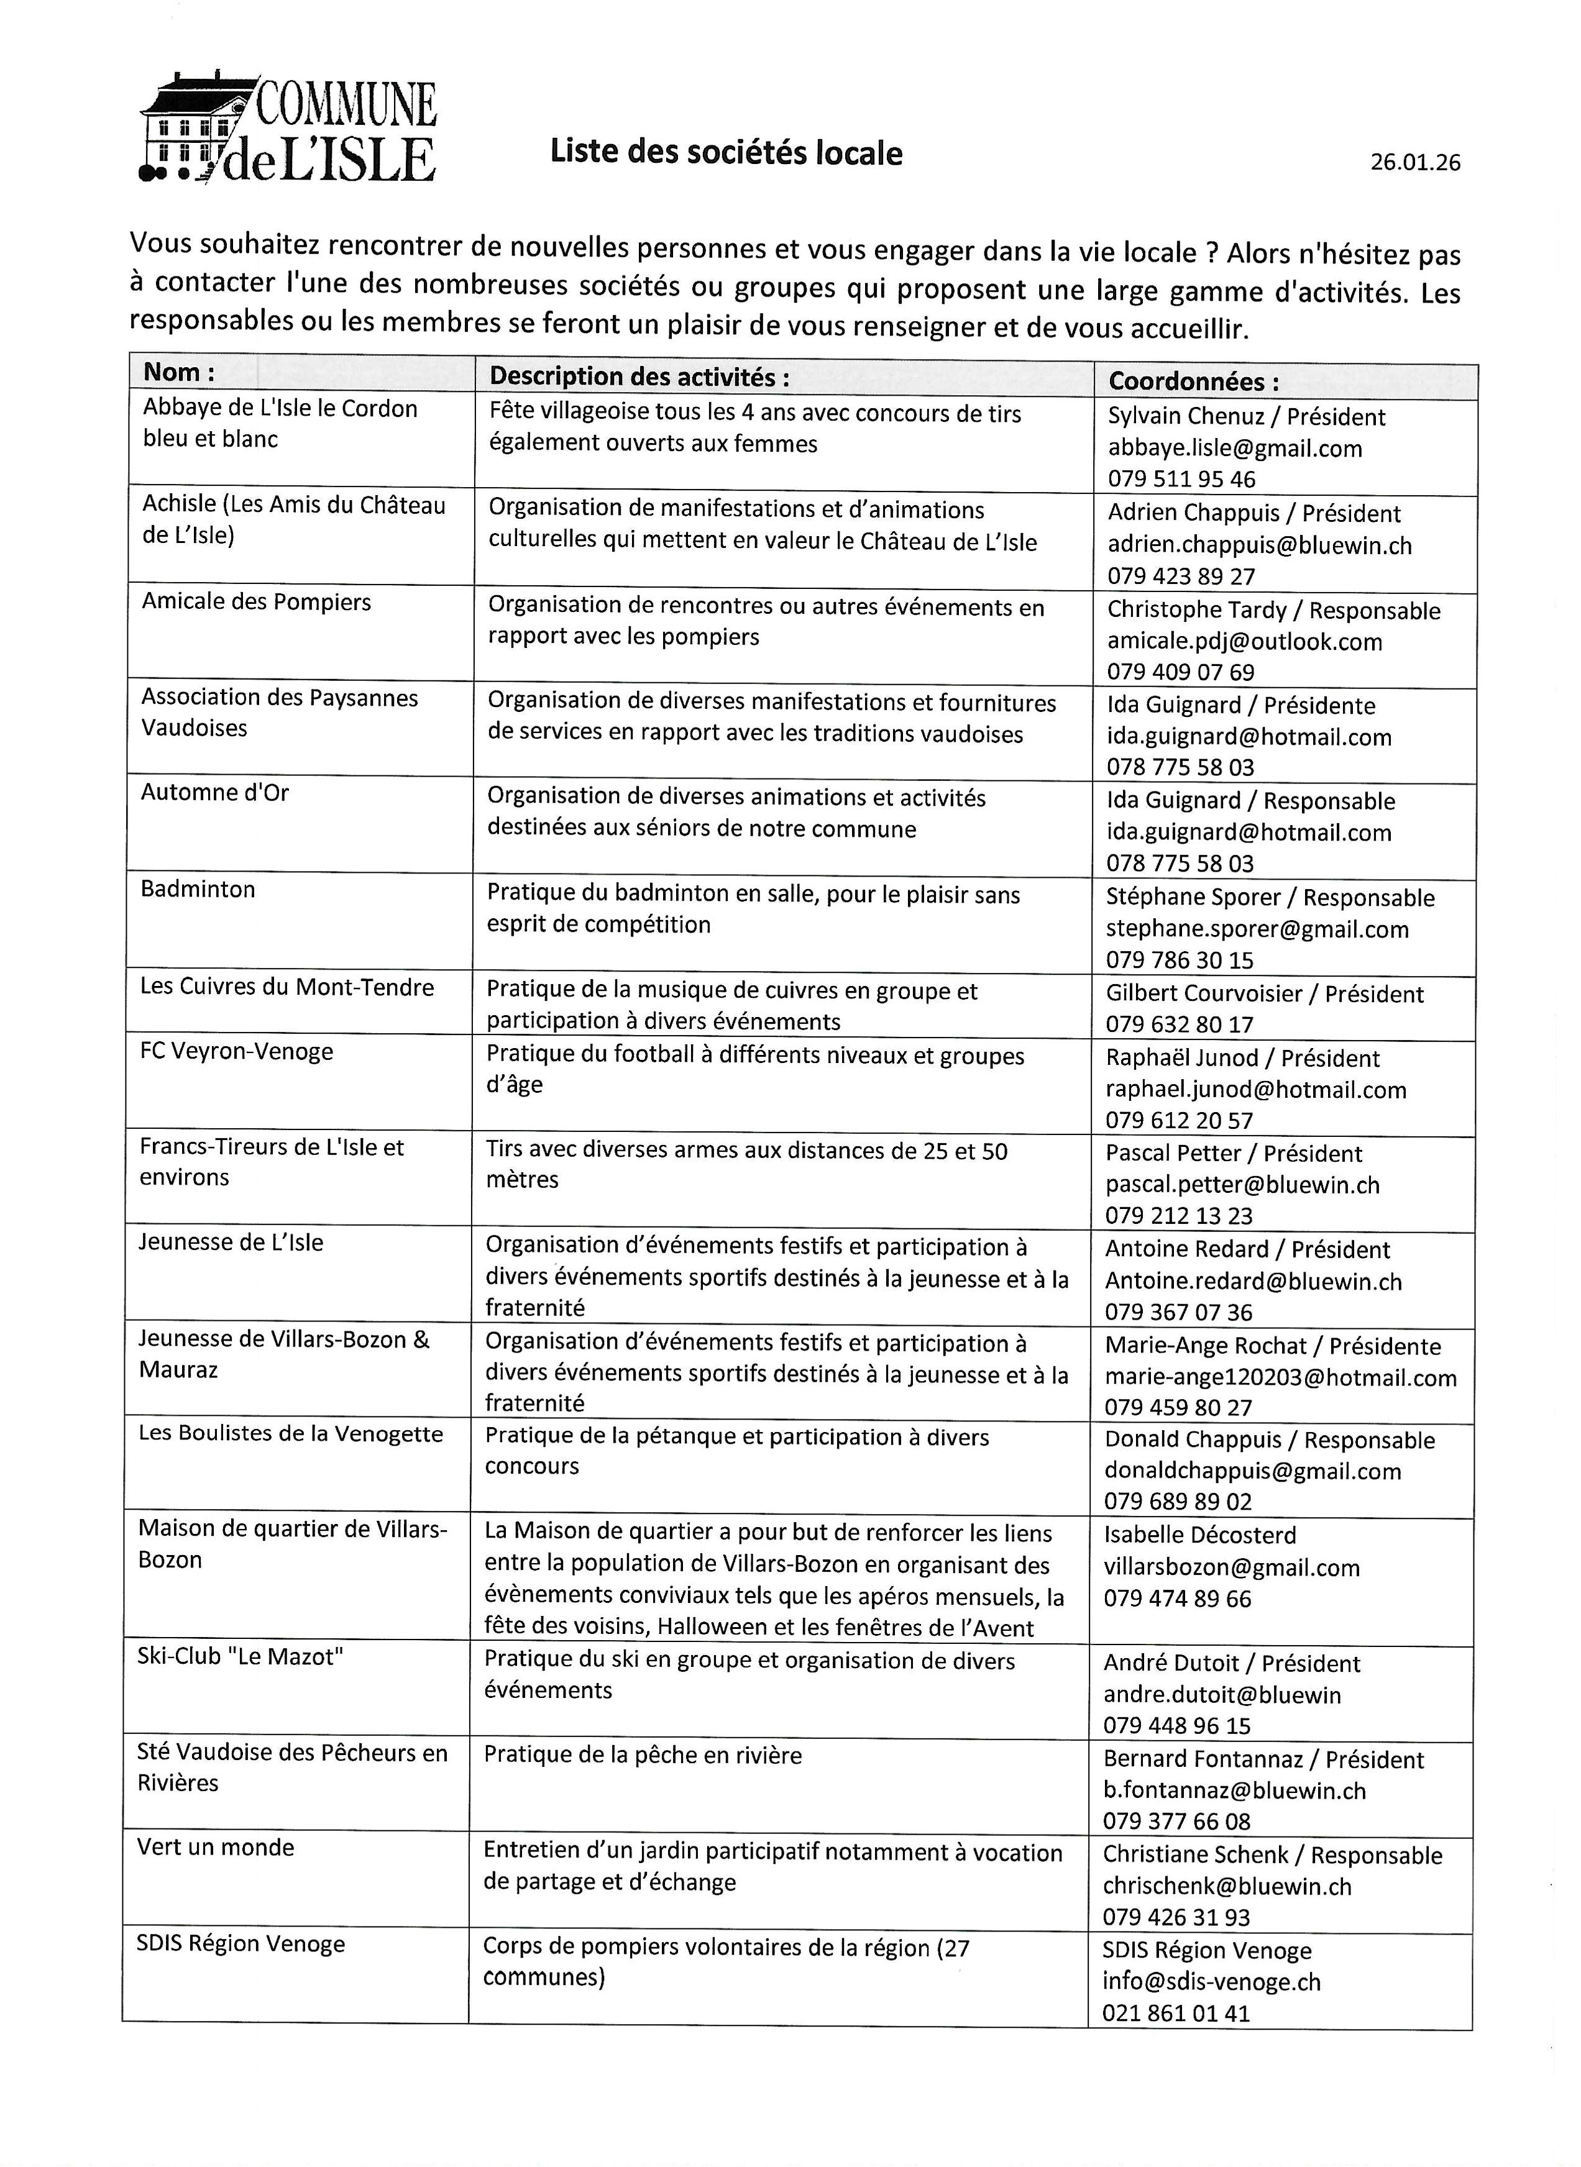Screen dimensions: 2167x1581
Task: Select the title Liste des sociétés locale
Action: tap(725, 153)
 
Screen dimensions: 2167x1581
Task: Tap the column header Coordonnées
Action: tap(1193, 381)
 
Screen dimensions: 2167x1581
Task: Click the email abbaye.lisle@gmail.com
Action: tap(1235, 449)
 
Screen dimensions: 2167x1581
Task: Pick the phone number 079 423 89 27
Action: tap(1181, 576)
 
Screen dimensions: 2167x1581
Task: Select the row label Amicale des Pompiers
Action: tap(257, 602)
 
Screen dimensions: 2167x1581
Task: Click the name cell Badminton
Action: tap(198, 890)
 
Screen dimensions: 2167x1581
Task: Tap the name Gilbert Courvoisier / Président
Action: tap(1264, 994)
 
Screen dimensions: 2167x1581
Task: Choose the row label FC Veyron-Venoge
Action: tap(236, 1051)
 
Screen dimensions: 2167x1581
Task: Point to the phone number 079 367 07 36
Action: tap(1178, 1313)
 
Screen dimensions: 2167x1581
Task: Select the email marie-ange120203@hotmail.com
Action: tap(1280, 1378)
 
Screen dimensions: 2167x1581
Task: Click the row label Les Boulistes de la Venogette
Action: tap(291, 1434)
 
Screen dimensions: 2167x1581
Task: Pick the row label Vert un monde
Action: tap(215, 1848)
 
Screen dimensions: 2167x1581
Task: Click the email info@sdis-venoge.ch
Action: tap(1211, 1982)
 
